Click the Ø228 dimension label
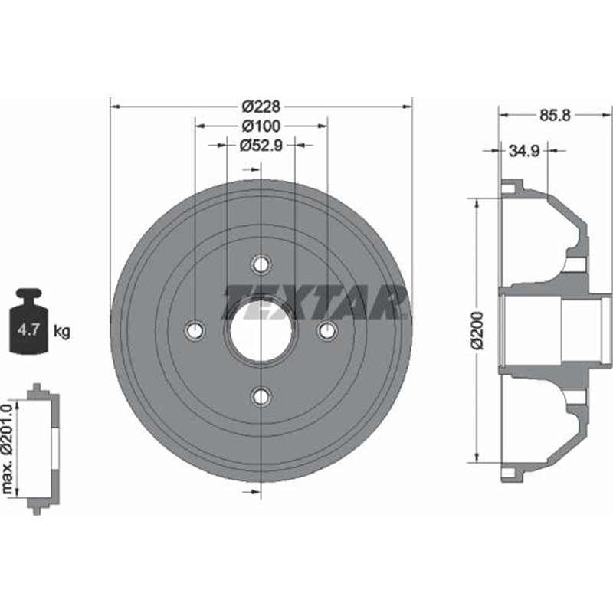coord(261,106)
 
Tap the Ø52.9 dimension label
coord(261,145)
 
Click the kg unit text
coord(63,332)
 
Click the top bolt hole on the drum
coord(261,264)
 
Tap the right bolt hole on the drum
coord(327,330)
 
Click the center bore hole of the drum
coord(261,330)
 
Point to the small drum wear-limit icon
coord(42,448)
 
